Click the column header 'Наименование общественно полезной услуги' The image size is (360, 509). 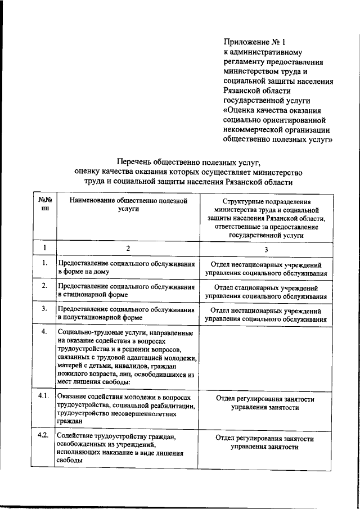(x=128, y=204)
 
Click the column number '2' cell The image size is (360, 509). (x=128, y=248)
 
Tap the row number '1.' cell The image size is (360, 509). (x=44, y=263)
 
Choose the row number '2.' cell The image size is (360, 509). (x=44, y=285)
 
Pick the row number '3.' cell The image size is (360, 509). (x=44, y=308)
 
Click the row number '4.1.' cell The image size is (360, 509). (x=44, y=397)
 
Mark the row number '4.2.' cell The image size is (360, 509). (x=44, y=436)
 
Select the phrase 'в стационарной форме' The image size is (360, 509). (x=93, y=294)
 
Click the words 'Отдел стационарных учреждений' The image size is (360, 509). (x=266, y=286)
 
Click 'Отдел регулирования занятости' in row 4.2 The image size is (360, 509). (x=265, y=439)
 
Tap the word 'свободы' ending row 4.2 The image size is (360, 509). (x=70, y=460)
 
